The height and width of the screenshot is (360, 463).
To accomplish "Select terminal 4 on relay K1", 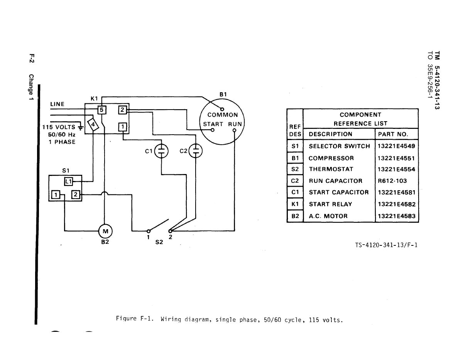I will [x=93, y=124].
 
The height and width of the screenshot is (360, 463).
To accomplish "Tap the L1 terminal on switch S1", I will [x=69, y=181].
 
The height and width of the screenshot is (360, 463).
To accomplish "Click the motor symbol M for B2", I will [x=105, y=231].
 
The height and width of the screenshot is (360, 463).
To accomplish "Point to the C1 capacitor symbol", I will [x=161, y=151].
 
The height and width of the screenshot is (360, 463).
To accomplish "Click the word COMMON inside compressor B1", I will [x=223, y=115].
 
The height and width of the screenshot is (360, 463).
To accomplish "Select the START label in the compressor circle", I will [x=213, y=124].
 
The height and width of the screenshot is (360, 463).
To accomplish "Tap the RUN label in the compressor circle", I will [x=235, y=124].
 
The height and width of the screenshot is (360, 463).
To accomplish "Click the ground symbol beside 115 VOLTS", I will [x=80, y=127].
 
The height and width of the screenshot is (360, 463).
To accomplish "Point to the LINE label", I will [x=57, y=104].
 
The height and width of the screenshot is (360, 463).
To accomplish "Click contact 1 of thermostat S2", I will [x=149, y=231].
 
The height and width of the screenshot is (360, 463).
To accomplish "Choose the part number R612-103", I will [x=392, y=181].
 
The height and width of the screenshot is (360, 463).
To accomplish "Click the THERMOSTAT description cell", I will [x=331, y=169].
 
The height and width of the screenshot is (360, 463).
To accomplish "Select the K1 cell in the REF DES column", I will [x=295, y=204].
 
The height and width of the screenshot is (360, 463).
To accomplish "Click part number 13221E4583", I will [x=397, y=216].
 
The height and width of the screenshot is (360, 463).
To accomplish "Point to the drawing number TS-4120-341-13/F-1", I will [x=386, y=245].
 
